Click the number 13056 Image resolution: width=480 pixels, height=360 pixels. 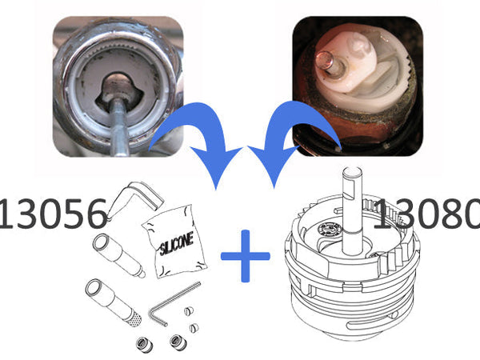53,214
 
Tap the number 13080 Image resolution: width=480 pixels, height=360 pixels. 427,214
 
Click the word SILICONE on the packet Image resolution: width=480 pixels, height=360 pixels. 177,244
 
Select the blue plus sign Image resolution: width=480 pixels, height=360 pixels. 246,256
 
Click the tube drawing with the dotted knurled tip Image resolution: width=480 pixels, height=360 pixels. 114,302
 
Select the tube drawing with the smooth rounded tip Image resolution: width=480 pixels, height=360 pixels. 118,255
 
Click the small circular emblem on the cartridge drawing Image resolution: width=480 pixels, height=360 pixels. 330,229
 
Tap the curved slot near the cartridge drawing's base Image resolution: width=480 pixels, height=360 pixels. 372,322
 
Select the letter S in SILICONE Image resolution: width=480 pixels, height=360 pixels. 162,249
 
